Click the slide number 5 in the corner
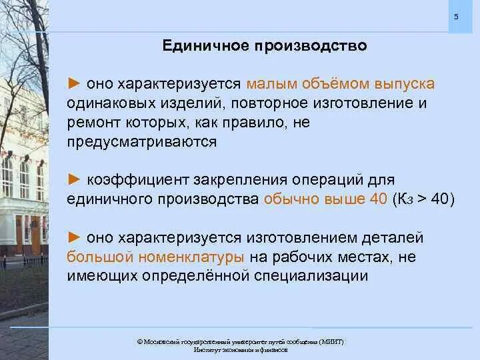(456, 17)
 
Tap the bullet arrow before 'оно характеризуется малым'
(74, 85)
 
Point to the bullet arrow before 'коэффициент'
(74, 180)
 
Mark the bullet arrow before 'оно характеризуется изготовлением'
(74, 238)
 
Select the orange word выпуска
(403, 85)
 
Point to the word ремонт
(91, 123)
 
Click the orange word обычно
(290, 199)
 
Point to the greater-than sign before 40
(422, 200)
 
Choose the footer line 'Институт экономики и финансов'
(241, 350)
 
